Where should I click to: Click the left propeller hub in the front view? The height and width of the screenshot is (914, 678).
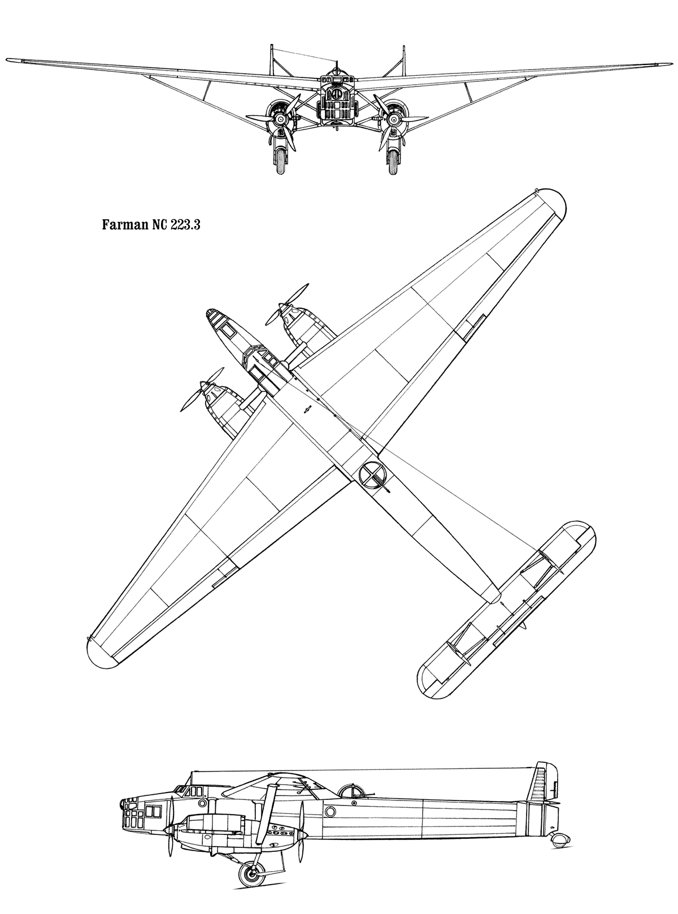pyautogui.click(x=281, y=120)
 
